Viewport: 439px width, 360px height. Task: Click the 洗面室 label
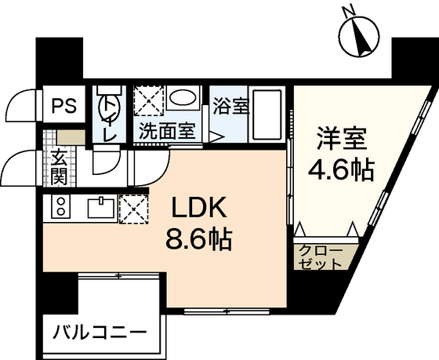tap(165, 130)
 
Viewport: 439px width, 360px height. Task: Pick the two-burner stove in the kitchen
tap(60, 208)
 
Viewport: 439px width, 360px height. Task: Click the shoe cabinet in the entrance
tap(67, 136)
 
